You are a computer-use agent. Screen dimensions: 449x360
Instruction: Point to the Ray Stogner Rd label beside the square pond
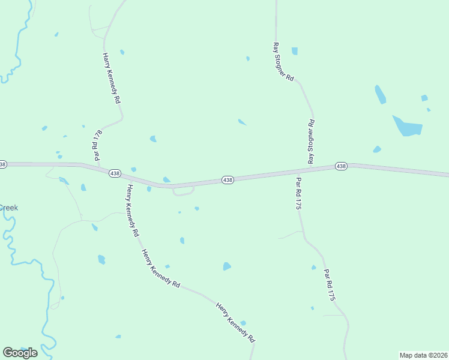tap(283, 62)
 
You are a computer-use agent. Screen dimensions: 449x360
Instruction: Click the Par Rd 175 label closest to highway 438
tap(298, 192)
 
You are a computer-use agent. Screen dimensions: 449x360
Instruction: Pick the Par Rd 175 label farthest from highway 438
tap(328, 285)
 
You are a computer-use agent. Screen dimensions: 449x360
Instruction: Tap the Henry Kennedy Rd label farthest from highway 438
tap(236, 322)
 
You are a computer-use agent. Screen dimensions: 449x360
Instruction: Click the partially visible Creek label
tap(8, 208)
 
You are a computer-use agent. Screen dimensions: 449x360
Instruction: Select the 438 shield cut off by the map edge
tap(2, 164)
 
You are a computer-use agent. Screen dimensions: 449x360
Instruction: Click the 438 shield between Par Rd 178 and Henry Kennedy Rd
tap(115, 173)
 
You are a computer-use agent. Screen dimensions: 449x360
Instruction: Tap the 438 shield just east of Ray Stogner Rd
tap(341, 166)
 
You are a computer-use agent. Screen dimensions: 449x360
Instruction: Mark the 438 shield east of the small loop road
tap(228, 180)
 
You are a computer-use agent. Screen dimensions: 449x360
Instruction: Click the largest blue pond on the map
tap(408, 126)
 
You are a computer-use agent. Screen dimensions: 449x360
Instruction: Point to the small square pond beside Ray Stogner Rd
tap(295, 51)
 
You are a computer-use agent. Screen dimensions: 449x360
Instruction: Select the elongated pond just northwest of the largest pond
tap(381, 94)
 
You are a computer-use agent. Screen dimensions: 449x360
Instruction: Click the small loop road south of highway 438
tap(184, 191)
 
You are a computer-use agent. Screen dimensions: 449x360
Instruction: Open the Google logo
tap(20, 352)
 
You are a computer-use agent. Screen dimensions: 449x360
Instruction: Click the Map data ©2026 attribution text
tap(424, 355)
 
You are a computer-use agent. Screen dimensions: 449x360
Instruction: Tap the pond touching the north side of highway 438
tap(166, 179)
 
